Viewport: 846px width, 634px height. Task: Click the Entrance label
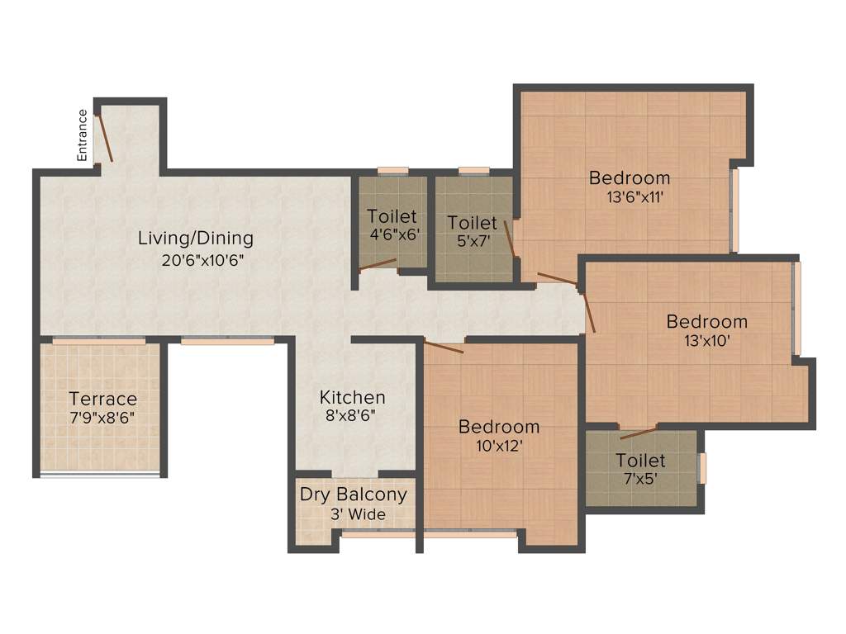pyautogui.click(x=82, y=135)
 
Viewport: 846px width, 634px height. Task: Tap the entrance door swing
pyautogui.click(x=105, y=138)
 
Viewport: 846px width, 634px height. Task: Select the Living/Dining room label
pyautogui.click(x=195, y=239)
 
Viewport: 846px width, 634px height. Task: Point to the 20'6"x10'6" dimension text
pyautogui.click(x=203, y=260)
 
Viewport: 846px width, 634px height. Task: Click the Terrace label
pyautogui.click(x=102, y=399)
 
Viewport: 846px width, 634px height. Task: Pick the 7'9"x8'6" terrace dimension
pyautogui.click(x=102, y=417)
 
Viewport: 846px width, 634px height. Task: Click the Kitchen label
pyautogui.click(x=352, y=397)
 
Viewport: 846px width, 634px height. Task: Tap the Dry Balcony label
pyautogui.click(x=353, y=494)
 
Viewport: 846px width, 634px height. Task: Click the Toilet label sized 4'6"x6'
pyautogui.click(x=392, y=216)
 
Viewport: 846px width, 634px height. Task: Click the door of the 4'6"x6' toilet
pyautogui.click(x=378, y=264)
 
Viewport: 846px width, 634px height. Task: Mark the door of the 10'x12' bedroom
pyautogui.click(x=443, y=345)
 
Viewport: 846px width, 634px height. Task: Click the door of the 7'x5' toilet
pyautogui.click(x=639, y=432)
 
